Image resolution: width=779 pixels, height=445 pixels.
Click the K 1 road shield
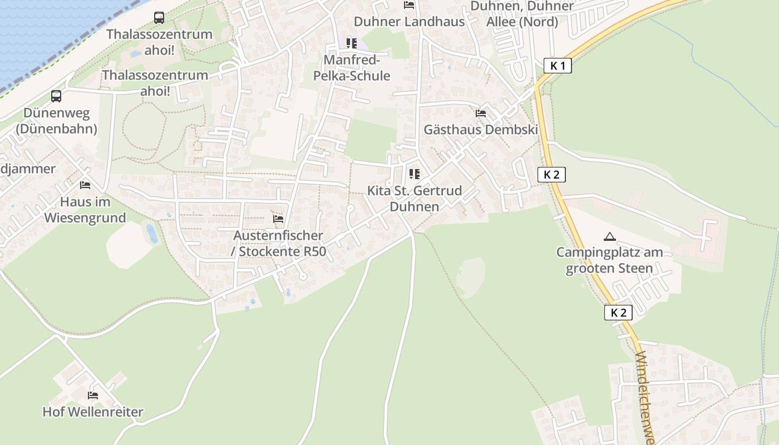click(x=558, y=66)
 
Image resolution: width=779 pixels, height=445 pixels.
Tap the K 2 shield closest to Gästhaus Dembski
click(x=551, y=175)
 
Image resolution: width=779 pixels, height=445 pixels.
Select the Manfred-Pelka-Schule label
click(x=352, y=68)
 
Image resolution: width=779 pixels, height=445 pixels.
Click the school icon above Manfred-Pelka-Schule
click(x=351, y=43)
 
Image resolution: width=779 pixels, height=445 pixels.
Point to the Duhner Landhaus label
click(x=409, y=22)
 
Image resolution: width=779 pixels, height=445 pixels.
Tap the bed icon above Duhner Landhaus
click(x=409, y=5)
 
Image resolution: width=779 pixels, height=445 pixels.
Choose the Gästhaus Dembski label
click(x=481, y=130)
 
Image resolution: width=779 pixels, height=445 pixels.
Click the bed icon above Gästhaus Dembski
click(x=481, y=113)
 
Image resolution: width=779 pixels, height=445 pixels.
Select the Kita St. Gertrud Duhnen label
click(x=415, y=199)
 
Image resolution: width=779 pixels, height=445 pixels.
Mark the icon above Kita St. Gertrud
click(x=414, y=174)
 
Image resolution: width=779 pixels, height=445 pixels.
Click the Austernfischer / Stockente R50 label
click(x=278, y=244)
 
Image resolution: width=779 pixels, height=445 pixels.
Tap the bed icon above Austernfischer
click(x=278, y=219)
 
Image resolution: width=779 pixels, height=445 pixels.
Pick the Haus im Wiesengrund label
click(x=85, y=209)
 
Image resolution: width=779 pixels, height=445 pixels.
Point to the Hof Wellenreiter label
click(x=93, y=412)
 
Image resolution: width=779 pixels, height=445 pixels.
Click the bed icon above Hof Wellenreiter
click(x=93, y=395)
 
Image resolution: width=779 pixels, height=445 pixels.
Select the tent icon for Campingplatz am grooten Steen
click(x=610, y=236)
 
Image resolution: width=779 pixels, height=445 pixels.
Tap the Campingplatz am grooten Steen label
click(x=610, y=260)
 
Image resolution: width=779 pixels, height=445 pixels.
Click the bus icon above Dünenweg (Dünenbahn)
click(x=56, y=96)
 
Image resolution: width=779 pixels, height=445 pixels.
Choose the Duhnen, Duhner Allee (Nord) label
click(x=522, y=14)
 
